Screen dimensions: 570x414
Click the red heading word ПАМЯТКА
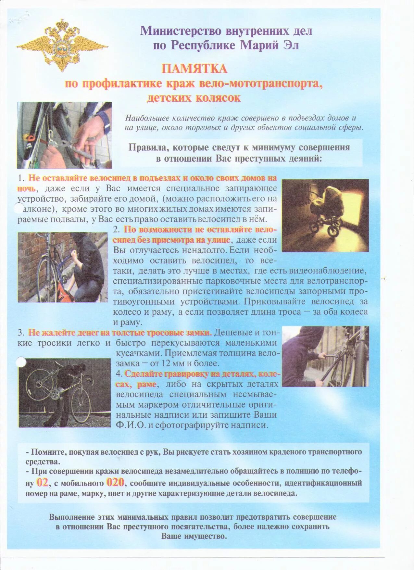pos(194,69)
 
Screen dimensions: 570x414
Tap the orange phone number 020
pos(115,483)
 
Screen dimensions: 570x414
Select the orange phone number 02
pos(42,483)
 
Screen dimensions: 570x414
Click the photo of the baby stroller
pos(325,215)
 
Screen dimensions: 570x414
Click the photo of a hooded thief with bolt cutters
pos(325,356)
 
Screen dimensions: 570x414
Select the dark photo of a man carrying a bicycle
pos(65,392)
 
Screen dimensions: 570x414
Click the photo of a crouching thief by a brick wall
pos(63,267)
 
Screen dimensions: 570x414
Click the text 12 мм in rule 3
pos(179,363)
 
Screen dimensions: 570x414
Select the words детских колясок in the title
pos(194,98)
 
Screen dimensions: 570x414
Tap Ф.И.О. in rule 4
pos(131,425)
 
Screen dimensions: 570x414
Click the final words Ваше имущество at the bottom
pos(194,536)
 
